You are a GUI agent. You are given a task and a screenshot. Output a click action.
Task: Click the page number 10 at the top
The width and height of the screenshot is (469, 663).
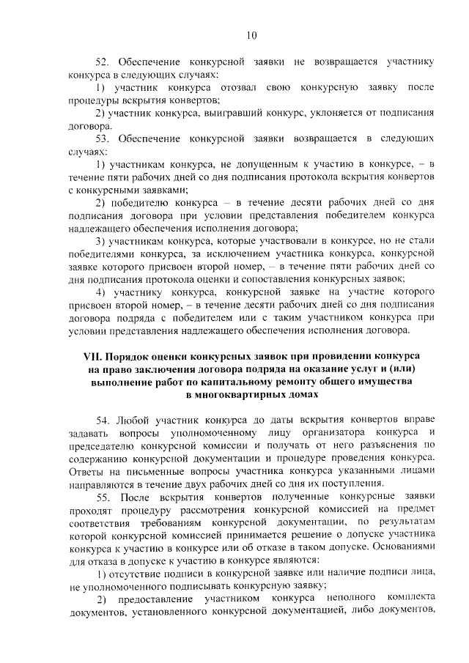click(x=251, y=35)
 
